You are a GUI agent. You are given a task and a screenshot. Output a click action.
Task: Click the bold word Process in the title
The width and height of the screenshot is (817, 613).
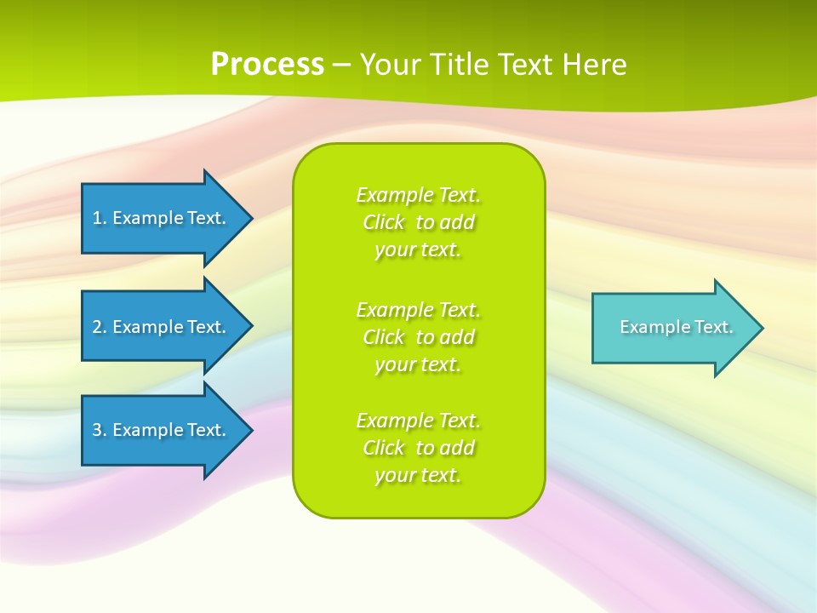pyautogui.click(x=267, y=65)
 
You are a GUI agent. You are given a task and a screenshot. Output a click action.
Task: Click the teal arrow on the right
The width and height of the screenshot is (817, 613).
pyautogui.click(x=672, y=328)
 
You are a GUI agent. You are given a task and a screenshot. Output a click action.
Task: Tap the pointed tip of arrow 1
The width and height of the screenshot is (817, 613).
pyautogui.click(x=250, y=218)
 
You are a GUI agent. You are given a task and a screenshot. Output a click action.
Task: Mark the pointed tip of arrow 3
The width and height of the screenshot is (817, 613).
pyautogui.click(x=250, y=430)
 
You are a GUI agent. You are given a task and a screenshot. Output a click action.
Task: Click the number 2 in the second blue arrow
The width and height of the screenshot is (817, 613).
pyautogui.click(x=98, y=327)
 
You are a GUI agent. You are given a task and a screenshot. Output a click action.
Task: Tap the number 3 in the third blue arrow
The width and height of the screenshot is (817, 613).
pyautogui.click(x=98, y=430)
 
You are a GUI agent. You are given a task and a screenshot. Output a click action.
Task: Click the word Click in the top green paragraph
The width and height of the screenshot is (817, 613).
pyautogui.click(x=384, y=222)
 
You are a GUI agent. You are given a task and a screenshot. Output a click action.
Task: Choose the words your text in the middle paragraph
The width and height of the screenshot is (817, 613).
pyautogui.click(x=418, y=364)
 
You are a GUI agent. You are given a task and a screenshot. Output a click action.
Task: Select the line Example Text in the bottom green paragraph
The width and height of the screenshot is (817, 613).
pyautogui.click(x=418, y=421)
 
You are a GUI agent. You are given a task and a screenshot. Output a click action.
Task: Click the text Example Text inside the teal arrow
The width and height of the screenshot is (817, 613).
pyautogui.click(x=677, y=327)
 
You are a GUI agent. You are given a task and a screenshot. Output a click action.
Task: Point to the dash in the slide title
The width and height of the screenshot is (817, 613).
pyautogui.click(x=342, y=65)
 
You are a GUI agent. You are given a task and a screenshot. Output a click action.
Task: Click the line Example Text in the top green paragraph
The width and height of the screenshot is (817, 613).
pyautogui.click(x=418, y=195)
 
